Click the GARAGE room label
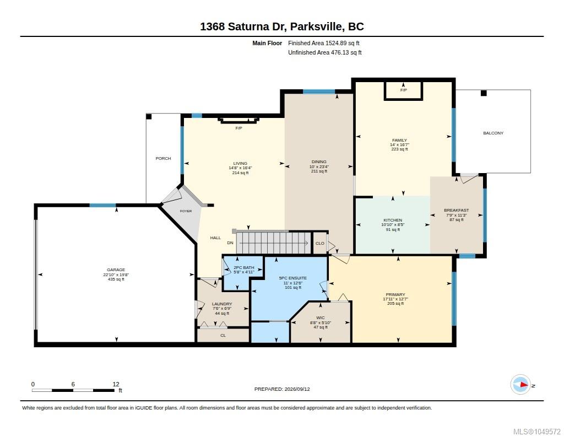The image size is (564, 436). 116,270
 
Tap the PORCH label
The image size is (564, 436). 163,158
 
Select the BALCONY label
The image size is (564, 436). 493,133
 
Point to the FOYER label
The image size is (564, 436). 186,211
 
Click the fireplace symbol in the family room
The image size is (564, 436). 403,91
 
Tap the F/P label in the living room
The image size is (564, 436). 238,128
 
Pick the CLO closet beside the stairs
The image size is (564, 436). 320,243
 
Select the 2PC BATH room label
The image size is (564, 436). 244,267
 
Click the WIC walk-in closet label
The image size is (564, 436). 321,317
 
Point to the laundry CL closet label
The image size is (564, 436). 223,335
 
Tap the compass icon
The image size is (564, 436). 520,385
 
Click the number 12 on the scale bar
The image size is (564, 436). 116,384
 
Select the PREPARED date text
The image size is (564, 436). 282,389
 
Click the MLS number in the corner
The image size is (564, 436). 536,432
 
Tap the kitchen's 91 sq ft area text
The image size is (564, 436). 393,229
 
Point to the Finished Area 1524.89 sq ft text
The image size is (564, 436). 324,43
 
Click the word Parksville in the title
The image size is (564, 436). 316,26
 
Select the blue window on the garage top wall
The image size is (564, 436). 102,205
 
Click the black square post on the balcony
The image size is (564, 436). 484,93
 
